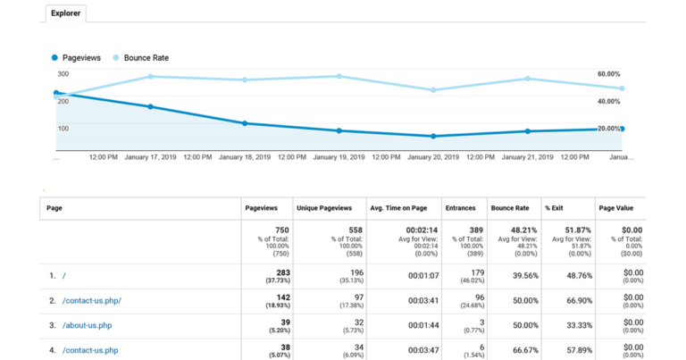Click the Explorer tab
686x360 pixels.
pos(67,14)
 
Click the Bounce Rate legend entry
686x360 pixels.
pos(146,57)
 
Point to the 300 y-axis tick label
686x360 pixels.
pos(63,74)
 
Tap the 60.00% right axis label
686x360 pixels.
pos(608,74)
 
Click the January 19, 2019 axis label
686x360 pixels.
pos(339,156)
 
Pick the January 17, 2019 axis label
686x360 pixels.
pos(151,156)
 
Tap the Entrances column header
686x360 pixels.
pos(462,207)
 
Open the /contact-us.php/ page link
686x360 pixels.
pos(92,300)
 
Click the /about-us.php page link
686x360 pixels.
pos(88,325)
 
